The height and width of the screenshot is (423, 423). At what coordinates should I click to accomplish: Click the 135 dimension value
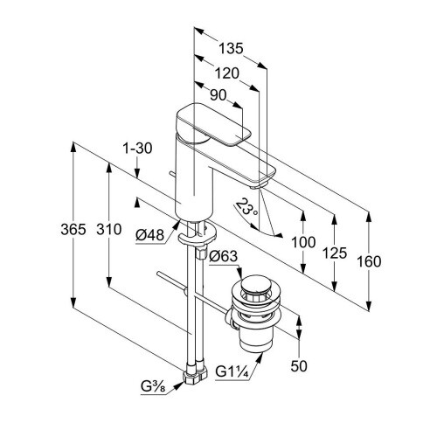231,48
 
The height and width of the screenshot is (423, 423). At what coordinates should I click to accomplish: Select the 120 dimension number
226,73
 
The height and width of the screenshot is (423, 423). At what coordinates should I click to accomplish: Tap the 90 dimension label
218,95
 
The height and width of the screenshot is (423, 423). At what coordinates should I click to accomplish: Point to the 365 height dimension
73,229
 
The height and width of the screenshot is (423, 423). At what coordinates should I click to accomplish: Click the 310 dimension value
109,229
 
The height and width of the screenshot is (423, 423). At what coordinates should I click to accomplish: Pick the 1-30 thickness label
137,149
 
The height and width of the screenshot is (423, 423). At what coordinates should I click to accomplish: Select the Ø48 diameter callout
150,235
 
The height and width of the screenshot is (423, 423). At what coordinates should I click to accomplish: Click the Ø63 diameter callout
224,256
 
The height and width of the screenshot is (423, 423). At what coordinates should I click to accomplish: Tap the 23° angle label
246,207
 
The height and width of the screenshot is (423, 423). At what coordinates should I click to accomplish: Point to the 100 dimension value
303,242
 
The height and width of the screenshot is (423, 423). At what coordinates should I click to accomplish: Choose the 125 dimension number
335,253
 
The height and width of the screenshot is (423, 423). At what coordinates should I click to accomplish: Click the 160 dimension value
369,261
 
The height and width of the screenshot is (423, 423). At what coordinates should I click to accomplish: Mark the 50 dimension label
299,366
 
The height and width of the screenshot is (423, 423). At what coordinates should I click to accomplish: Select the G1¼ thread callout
232,371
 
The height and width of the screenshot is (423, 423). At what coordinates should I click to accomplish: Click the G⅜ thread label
153,386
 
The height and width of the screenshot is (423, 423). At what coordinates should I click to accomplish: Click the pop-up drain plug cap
255,284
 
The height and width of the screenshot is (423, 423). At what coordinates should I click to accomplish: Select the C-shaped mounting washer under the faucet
198,235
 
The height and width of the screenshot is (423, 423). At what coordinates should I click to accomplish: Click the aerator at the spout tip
259,186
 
